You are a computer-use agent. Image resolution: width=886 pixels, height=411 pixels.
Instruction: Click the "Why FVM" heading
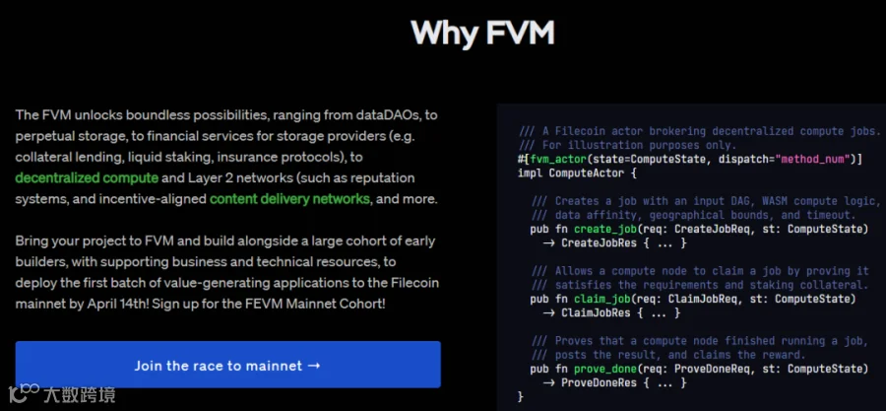pyautogui.click(x=482, y=32)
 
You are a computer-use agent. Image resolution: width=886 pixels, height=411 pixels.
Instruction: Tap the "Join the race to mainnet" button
pyautogui.click(x=227, y=366)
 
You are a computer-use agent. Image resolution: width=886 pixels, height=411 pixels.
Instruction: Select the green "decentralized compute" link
pyautogui.click(x=87, y=177)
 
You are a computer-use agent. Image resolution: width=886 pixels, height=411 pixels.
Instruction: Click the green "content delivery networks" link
pyautogui.click(x=289, y=199)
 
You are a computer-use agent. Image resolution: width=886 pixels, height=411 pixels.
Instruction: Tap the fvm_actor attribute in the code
pyautogui.click(x=560, y=159)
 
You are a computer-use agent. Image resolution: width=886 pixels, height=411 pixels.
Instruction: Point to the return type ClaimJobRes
pyautogui.click(x=598, y=313)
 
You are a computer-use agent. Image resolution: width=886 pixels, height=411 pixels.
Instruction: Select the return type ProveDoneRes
pyautogui.click(x=601, y=382)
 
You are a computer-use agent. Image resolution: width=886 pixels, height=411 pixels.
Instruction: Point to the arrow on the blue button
pyautogui.click(x=314, y=366)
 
